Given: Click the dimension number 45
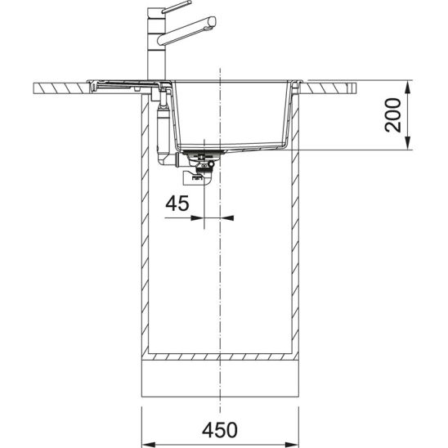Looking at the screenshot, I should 177,204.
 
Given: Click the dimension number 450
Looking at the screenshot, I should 222,429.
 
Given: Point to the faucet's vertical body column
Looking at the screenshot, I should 153,49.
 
